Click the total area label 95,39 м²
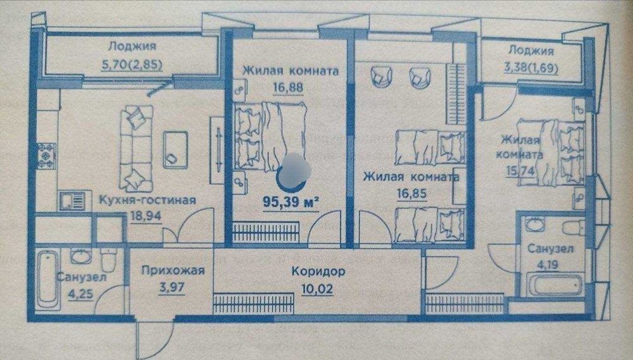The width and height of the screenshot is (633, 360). [x=291, y=202]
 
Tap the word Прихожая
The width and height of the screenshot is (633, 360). [x=173, y=270]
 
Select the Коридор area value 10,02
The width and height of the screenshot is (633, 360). [x=317, y=289]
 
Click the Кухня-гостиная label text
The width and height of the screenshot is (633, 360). [x=147, y=200]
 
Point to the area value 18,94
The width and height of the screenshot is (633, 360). [x=146, y=216]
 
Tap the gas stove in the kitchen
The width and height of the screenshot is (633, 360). [x=46, y=155]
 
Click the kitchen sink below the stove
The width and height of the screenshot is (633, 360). [x=73, y=201]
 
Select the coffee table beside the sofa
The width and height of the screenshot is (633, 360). [x=175, y=150]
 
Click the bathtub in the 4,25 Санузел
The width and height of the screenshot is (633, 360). [x=49, y=280]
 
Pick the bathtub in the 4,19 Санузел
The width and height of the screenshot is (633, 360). [x=556, y=284]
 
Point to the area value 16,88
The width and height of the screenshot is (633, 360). [x=288, y=87]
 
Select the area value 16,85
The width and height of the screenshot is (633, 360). [x=411, y=194]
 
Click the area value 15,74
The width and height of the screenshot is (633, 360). [x=521, y=171]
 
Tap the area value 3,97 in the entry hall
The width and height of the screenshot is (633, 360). [x=172, y=288]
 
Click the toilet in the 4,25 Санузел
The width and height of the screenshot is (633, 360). [x=109, y=259]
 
